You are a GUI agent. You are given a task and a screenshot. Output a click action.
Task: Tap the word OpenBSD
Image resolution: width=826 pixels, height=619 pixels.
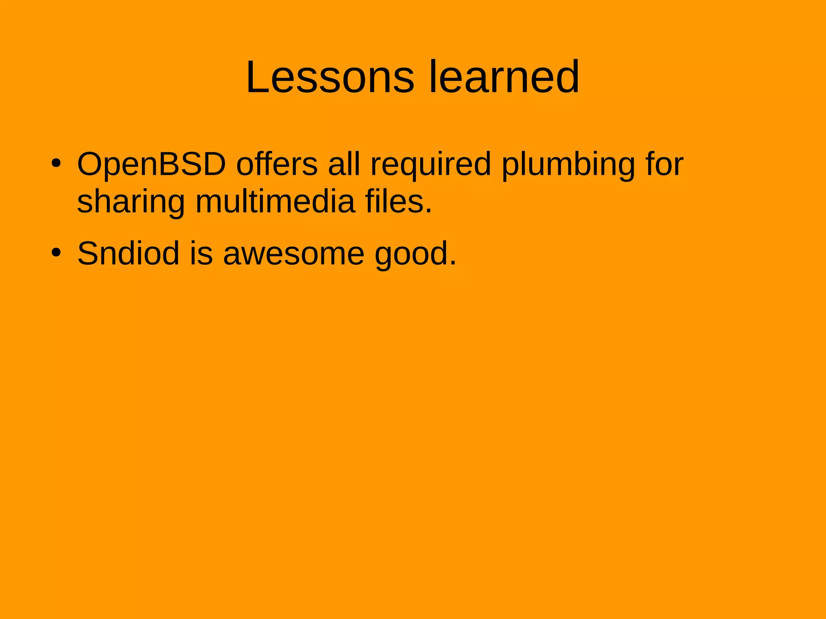pyautogui.click(x=151, y=164)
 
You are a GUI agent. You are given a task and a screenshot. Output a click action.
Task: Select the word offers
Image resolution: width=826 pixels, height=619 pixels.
pyautogui.click(x=277, y=164)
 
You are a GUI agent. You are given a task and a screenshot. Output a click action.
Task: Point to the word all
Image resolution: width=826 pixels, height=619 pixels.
pyautogui.click(x=344, y=164)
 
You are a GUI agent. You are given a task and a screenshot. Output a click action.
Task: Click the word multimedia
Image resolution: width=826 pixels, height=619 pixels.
pyautogui.click(x=275, y=201)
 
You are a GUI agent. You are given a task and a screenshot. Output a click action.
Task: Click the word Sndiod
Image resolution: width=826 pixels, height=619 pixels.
pyautogui.click(x=128, y=253)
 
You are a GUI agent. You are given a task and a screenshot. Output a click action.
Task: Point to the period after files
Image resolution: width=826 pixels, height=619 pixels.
pyautogui.click(x=428, y=211)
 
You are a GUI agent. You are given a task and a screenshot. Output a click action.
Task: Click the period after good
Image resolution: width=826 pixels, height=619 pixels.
pyautogui.click(x=453, y=264)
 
